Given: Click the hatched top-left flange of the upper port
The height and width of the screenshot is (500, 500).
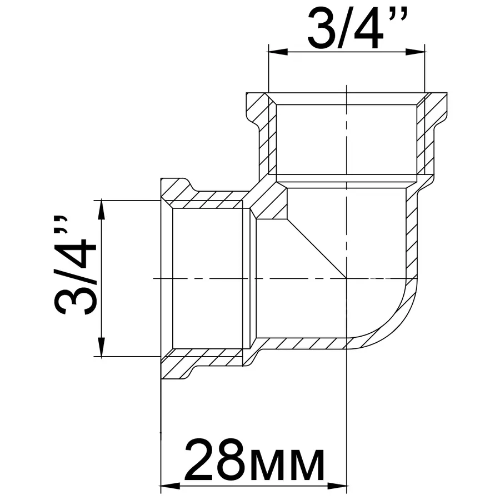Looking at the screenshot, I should point(257,106).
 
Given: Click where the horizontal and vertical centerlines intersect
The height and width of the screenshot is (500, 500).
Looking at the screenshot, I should point(347,277).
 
